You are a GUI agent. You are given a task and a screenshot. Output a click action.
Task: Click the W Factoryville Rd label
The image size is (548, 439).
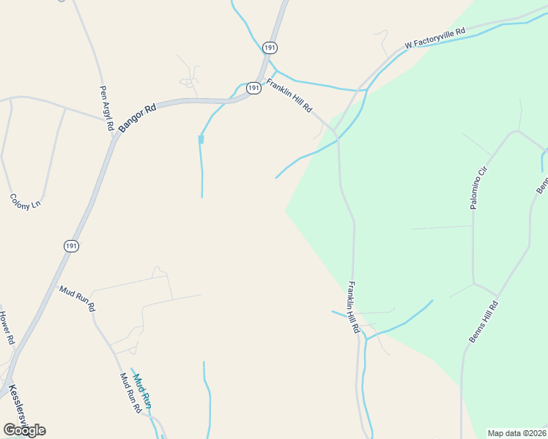pyautogui.click(x=435, y=39)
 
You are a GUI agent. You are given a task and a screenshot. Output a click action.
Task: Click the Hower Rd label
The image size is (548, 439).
pyautogui.click(x=7, y=328)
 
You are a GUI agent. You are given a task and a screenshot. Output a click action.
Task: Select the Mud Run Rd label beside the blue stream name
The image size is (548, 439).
pyautogui.click(x=130, y=393)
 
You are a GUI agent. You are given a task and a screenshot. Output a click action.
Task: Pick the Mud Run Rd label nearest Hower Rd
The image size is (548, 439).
pyautogui.click(x=77, y=299)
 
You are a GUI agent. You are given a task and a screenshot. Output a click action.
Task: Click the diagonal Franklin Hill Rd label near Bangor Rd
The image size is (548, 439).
pyautogui.click(x=289, y=95)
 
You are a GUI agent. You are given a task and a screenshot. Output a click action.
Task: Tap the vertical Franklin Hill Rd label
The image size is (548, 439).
pyautogui.click(x=354, y=307)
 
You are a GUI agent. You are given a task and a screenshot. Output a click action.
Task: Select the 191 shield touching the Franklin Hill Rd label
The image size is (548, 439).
pyautogui.click(x=253, y=88)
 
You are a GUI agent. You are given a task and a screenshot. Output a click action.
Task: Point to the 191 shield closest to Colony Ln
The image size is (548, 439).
pyautogui.click(x=71, y=245)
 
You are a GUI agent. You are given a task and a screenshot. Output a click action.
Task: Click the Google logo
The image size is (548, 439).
pyautogui.click(x=24, y=429)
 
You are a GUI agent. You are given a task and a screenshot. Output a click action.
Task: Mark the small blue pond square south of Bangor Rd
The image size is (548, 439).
pyautogui.click(x=201, y=139)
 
